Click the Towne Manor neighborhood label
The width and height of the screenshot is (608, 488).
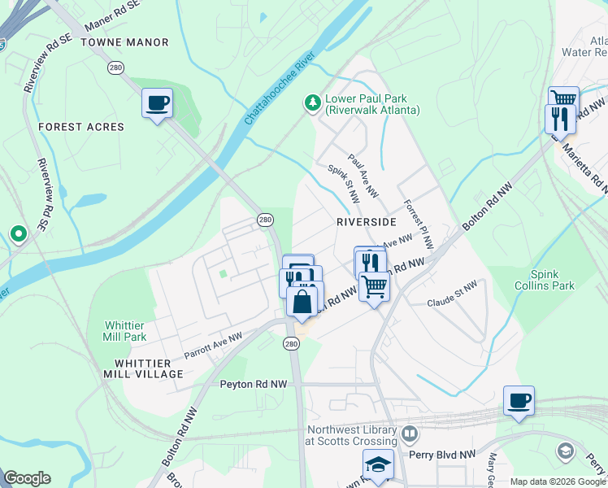[x=124, y=42]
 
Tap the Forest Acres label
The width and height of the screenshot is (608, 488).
[x=81, y=127]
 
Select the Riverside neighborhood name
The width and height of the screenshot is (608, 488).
[x=366, y=221]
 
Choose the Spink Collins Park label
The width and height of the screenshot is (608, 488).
[x=541, y=280]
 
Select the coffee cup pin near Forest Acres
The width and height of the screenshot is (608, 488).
[x=157, y=103]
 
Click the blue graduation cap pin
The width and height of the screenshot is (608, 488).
[x=378, y=464]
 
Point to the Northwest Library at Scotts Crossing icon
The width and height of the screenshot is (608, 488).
[x=409, y=434]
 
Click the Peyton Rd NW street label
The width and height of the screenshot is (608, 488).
[x=254, y=383]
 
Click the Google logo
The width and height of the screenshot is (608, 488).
[x=27, y=478]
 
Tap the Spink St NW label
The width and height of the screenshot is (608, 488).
[x=344, y=185]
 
